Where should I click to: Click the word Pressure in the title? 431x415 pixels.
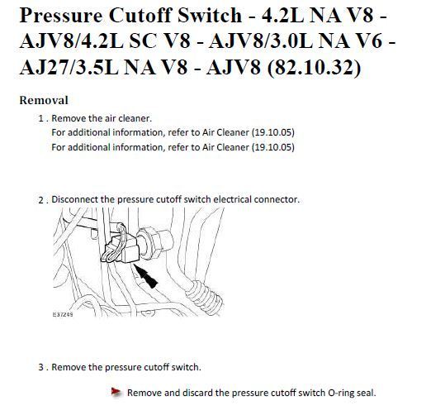tap(61, 16)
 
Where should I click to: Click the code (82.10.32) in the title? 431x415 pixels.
tap(314, 67)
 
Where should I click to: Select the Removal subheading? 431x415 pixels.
tap(44, 100)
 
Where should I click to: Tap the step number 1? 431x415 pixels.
tap(41, 119)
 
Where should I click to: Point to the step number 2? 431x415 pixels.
tap(41, 200)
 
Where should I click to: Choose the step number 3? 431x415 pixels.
tap(41, 367)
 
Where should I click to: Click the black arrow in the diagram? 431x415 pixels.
tap(145, 276)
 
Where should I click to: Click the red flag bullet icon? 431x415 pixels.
tap(116, 392)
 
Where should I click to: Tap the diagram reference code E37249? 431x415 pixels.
tap(63, 314)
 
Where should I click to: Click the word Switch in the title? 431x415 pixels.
tap(210, 16)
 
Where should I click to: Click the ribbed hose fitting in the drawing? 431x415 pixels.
tap(204, 296)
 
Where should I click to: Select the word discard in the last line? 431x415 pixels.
tap(197, 393)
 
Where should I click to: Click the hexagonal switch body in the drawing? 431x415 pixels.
tap(154, 242)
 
